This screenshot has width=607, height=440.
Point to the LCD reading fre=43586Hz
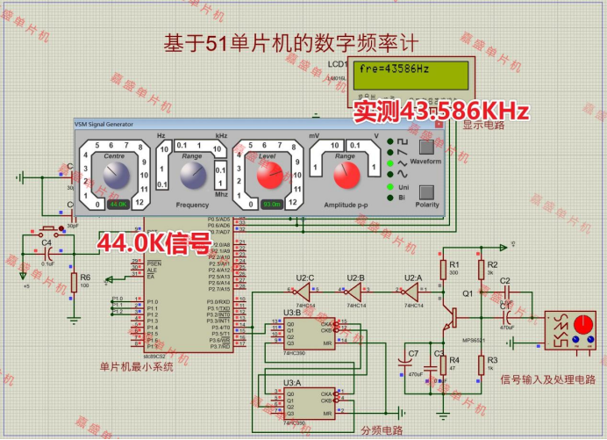[394, 69]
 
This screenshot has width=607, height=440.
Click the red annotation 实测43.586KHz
[441, 111]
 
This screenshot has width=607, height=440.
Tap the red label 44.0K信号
[154, 242]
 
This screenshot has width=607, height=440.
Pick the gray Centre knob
[117, 175]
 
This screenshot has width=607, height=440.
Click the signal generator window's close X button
[438, 125]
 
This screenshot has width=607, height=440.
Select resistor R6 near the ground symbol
[74, 283]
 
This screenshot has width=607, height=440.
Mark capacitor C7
[404, 364]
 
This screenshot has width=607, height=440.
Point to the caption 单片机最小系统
[136, 367]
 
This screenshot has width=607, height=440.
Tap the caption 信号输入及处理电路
[547, 379]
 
